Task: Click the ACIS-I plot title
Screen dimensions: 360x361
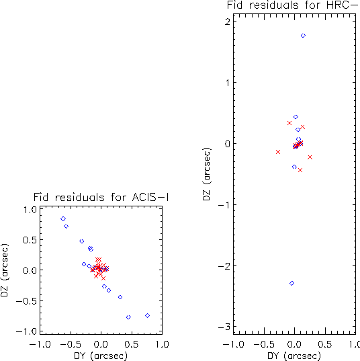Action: click(x=101, y=197)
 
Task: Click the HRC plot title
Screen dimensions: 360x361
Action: click(x=294, y=5)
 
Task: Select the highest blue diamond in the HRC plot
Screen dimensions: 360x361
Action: click(x=303, y=36)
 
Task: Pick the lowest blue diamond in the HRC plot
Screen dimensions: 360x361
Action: click(x=292, y=283)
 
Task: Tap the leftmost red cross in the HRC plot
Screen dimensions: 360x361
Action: click(x=278, y=152)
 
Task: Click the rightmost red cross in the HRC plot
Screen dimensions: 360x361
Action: click(x=310, y=157)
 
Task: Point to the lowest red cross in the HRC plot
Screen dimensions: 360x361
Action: click(x=300, y=170)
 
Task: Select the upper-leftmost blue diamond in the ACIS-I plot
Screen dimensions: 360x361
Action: click(x=63, y=218)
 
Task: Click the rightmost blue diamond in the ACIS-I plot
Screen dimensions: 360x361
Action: click(x=148, y=316)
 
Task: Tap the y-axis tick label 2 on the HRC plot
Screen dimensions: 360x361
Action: click(x=228, y=22)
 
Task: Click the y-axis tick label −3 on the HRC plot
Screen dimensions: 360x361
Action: click(x=224, y=327)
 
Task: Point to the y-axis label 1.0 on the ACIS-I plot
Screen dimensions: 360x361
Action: click(x=30, y=210)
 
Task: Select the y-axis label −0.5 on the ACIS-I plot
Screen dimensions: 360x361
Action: click(x=26, y=301)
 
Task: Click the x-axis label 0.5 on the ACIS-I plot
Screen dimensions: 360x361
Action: click(x=132, y=344)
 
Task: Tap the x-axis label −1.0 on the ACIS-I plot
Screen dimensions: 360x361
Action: click(x=40, y=344)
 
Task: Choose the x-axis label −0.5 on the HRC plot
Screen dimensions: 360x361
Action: click(x=264, y=344)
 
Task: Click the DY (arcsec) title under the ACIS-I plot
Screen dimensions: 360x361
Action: click(x=101, y=356)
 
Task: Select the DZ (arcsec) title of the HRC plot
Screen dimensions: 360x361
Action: click(x=207, y=174)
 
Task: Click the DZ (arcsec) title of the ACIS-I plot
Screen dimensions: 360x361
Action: click(x=5, y=270)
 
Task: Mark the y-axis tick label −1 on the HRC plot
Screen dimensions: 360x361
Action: click(x=224, y=204)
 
